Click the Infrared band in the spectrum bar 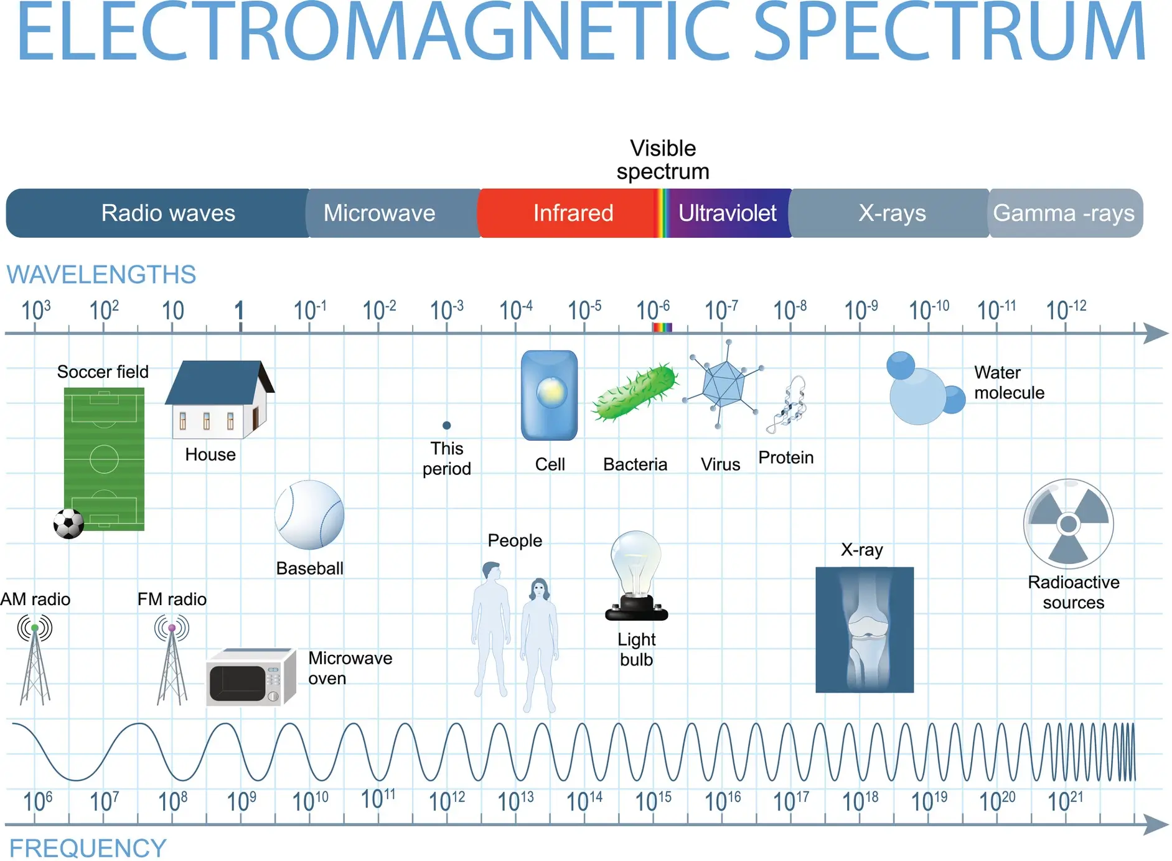pos(568,213)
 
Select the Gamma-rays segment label pos(1064,213)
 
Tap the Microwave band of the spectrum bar pos(393,213)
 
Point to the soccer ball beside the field pos(68,524)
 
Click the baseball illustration pos(309,515)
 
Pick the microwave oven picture pos(251,677)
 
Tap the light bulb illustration pos(636,576)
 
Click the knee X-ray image pos(865,629)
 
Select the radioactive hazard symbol pos(1068,524)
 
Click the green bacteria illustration pos(634,393)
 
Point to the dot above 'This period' pos(446,425)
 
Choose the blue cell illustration pos(549,395)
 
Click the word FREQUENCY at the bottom pos(88,848)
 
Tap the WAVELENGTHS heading pos(101,275)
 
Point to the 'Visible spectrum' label pos(663,159)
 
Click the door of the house pos(255,418)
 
